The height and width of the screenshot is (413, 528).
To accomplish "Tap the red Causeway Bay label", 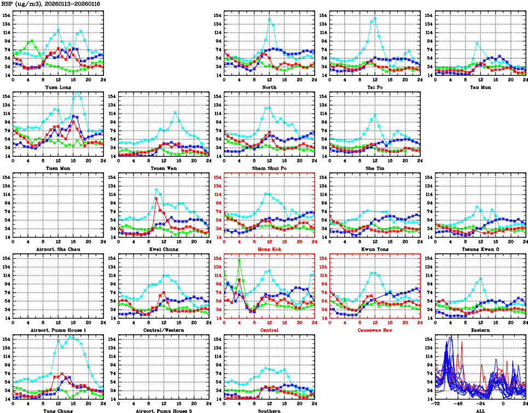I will click(x=375, y=330).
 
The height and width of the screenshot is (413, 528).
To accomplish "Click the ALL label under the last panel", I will click(x=480, y=410).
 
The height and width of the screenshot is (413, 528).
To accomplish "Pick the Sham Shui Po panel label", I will click(x=269, y=168).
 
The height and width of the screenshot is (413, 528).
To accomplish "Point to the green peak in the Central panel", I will click(x=239, y=260).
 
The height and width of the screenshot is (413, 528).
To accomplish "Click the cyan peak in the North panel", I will click(x=269, y=19).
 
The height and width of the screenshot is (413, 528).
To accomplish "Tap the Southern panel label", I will click(x=269, y=410).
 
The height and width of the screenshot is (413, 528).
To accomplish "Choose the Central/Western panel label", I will click(x=164, y=330).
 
